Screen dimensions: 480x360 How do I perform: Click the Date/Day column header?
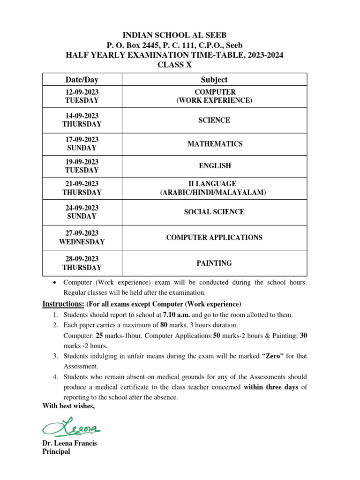(82, 80)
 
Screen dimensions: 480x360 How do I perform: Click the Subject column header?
(214, 80)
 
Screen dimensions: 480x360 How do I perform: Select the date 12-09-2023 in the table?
(82, 92)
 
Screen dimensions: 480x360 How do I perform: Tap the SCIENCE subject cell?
(214, 120)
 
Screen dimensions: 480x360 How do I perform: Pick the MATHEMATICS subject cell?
(215, 144)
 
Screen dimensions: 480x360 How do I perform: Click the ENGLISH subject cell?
(214, 166)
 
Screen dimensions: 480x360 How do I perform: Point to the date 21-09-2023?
(82, 184)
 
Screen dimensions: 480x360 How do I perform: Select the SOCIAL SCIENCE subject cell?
(214, 212)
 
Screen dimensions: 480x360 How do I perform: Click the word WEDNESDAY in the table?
(82, 242)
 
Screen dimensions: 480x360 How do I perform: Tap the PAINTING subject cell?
(214, 263)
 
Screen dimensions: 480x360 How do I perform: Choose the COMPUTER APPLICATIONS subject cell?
(214, 238)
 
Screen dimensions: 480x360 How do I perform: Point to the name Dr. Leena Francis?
(69, 443)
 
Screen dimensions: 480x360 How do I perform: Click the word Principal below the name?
(56, 451)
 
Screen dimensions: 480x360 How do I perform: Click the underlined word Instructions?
(63, 304)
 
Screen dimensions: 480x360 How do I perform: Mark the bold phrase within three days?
(271, 388)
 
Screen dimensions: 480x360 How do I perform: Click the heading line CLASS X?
(174, 65)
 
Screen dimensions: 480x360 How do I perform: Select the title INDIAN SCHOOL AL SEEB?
(174, 36)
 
